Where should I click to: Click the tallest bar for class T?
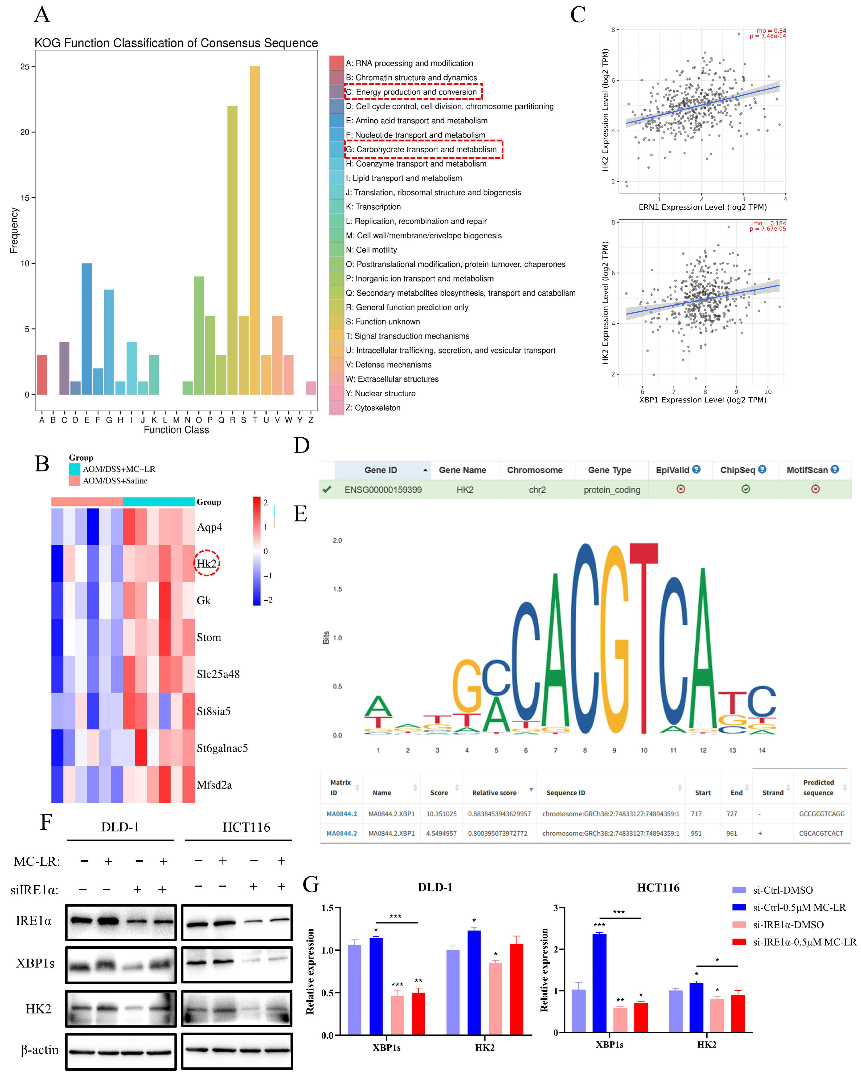click(x=255, y=230)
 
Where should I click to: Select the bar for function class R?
click(x=232, y=250)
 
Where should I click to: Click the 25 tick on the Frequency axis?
click(x=24, y=67)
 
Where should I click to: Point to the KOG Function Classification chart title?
click(x=176, y=43)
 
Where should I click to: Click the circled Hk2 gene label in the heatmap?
click(x=207, y=564)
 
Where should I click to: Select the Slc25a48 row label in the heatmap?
click(x=218, y=674)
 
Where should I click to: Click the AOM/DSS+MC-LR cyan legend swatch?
click(x=75, y=469)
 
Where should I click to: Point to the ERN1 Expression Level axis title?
click(x=702, y=207)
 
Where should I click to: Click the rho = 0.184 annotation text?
click(x=769, y=223)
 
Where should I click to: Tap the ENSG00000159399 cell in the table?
click(x=383, y=490)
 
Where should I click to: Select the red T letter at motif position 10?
click(x=644, y=641)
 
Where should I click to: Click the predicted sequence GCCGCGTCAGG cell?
click(x=822, y=814)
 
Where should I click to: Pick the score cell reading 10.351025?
click(x=441, y=814)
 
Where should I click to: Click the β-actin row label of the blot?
click(x=39, y=1049)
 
